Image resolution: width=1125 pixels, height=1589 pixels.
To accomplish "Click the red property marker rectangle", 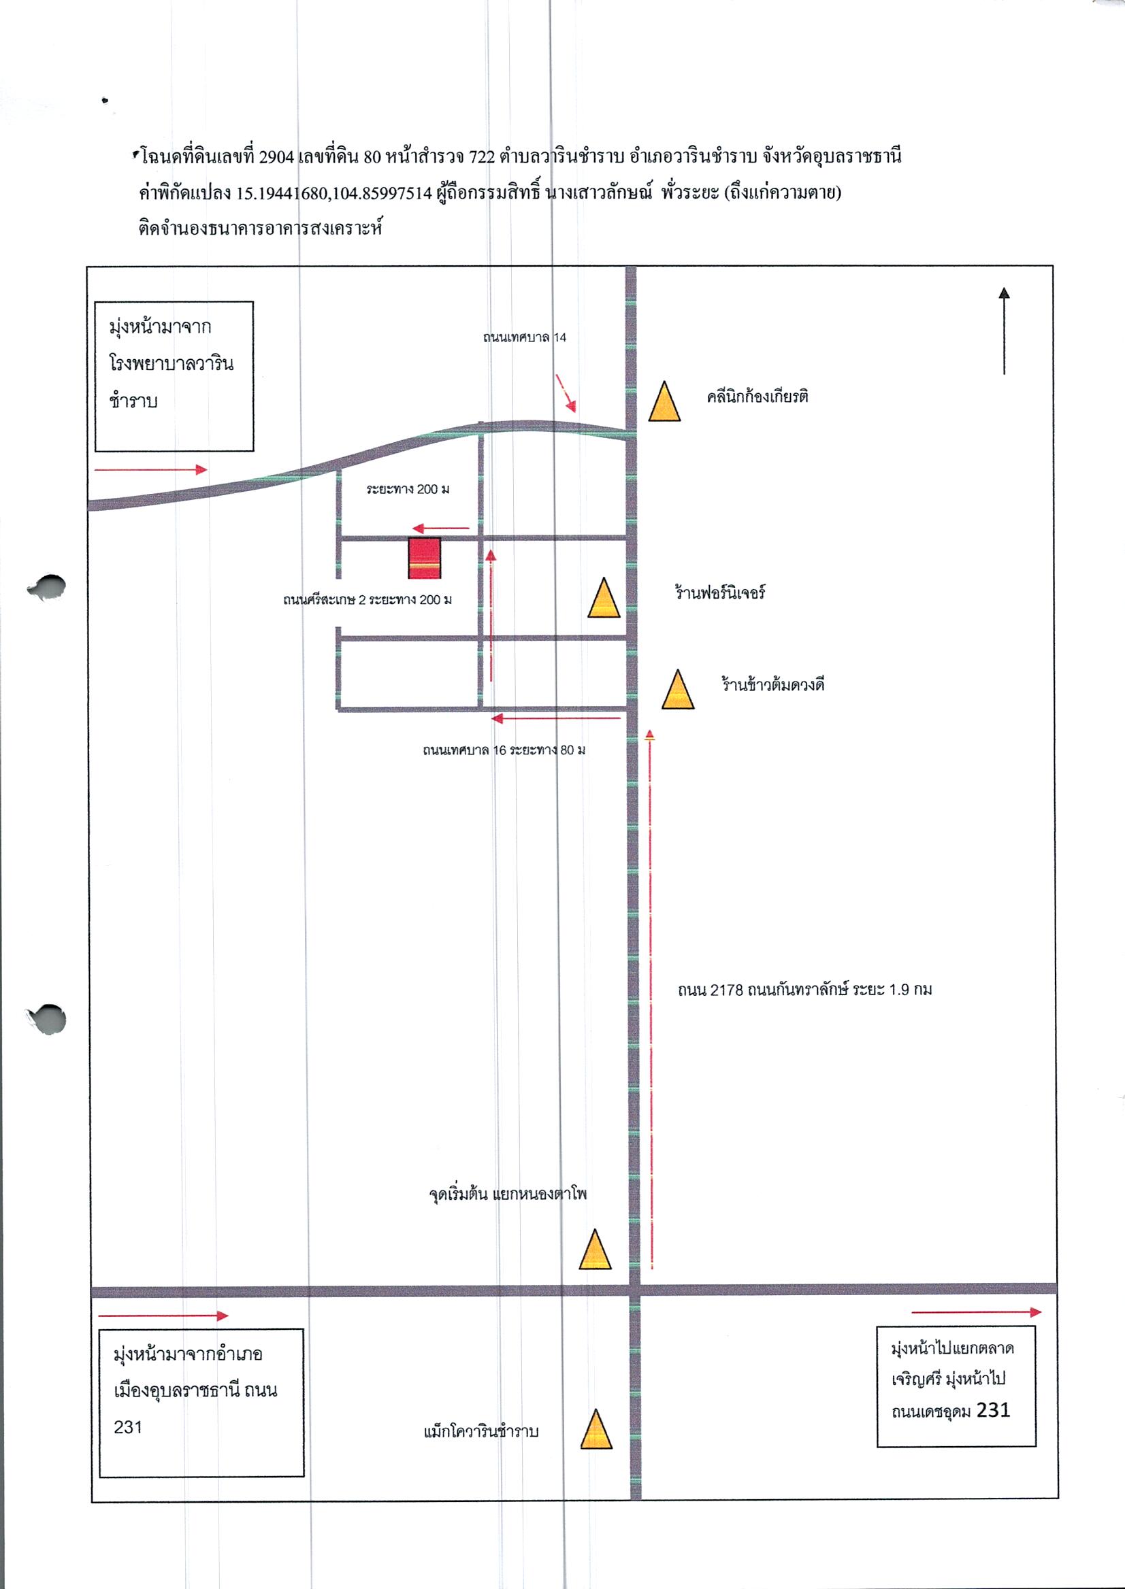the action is click(x=424, y=558).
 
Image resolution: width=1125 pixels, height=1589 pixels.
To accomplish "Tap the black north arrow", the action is click(x=1004, y=331).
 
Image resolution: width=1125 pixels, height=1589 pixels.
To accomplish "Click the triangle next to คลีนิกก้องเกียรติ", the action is click(x=664, y=401).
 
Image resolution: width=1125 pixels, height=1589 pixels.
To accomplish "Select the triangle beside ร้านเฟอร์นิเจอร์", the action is click(x=604, y=597).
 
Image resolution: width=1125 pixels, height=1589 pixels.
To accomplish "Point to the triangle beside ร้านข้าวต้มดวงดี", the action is click(x=677, y=689).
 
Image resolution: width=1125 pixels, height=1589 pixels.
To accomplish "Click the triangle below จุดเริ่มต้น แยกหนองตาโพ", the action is click(x=595, y=1249).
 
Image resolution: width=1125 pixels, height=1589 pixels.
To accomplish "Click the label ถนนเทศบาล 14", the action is click(x=525, y=338).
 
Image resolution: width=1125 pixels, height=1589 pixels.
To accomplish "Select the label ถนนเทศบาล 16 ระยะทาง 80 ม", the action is click(x=504, y=750).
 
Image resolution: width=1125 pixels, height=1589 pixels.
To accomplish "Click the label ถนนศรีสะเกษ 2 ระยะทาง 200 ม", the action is click(x=367, y=599).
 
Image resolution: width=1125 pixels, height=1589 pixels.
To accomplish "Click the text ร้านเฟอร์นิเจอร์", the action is click(x=720, y=592).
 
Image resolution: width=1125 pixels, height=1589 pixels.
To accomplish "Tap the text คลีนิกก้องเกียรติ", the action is click(x=757, y=397).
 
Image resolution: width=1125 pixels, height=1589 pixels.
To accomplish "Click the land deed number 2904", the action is click(x=276, y=157).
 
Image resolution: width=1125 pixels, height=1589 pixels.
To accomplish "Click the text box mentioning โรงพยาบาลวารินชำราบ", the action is click(x=174, y=376).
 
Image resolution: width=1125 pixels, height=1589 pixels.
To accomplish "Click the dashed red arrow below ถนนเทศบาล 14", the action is click(x=566, y=393).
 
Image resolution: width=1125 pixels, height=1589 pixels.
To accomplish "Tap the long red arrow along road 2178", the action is click(x=650, y=999).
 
